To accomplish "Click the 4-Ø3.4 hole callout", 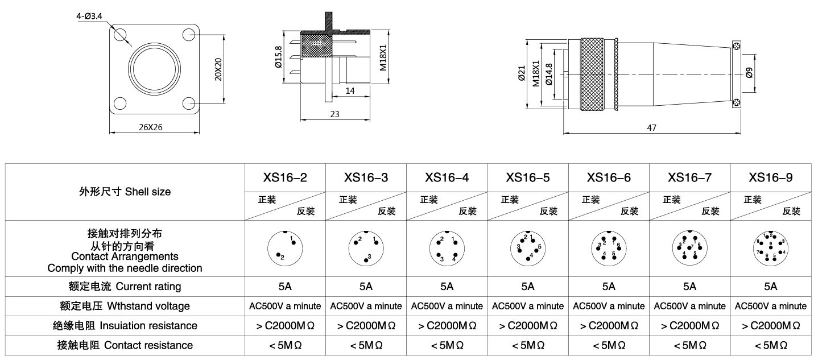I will click(89, 17).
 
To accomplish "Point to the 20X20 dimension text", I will click(218, 69).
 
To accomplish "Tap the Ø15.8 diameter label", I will click(278, 57).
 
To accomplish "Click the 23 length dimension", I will click(334, 114).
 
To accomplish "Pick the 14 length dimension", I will click(350, 90).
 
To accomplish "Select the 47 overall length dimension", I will click(651, 128).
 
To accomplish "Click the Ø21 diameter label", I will click(522, 73).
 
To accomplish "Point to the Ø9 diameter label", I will click(749, 73).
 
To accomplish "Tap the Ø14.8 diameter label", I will click(548, 74).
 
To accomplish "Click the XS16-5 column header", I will click(528, 177).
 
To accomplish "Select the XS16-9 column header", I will click(771, 177).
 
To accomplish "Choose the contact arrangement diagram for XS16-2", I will click(285, 248).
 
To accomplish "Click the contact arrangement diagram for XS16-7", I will click(690, 248).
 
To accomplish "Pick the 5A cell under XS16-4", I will click(447, 286).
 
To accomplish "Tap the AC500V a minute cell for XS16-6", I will click(609, 306).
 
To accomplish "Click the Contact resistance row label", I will click(125, 345).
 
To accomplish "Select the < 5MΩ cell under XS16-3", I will click(366, 345).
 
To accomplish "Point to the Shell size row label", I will click(125, 192).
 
